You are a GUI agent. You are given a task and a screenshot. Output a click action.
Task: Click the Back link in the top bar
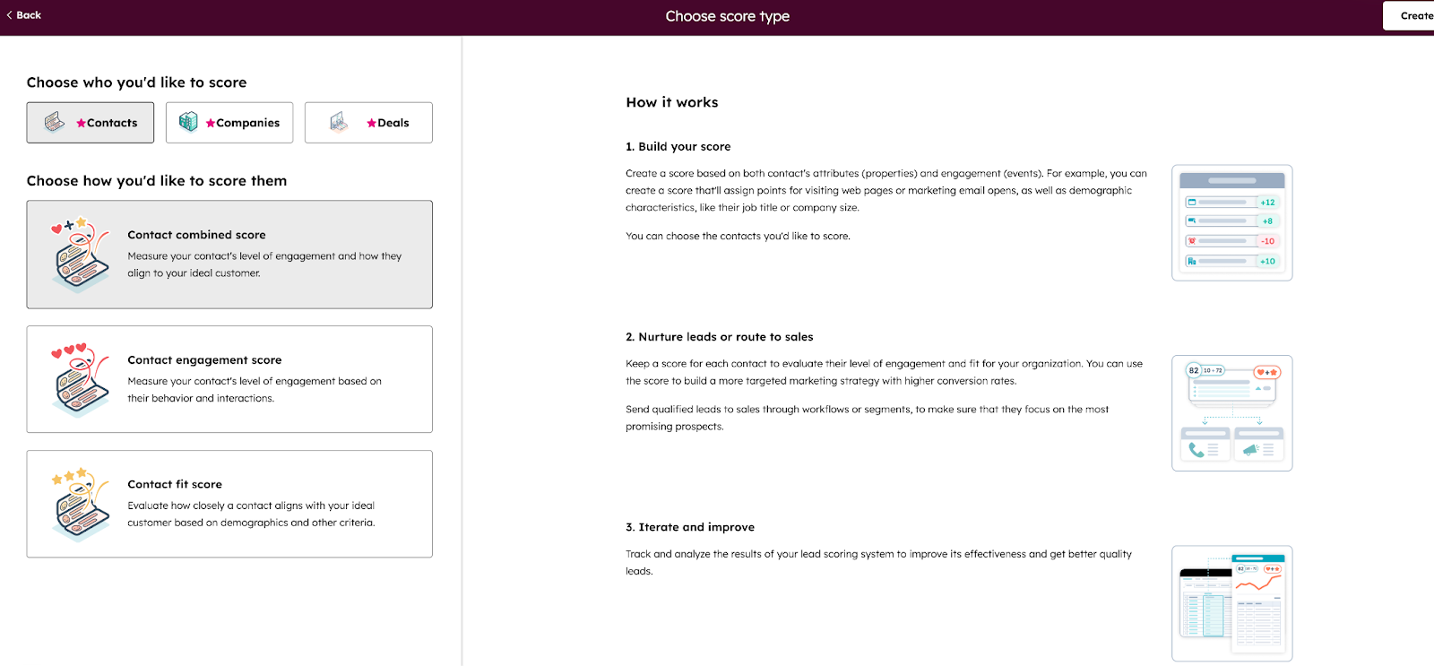coord(24,15)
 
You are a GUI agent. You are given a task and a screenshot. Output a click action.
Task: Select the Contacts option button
coord(90,123)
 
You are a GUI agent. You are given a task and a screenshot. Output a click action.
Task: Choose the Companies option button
coord(229,123)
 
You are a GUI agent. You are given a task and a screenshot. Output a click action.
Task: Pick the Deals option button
coord(368,123)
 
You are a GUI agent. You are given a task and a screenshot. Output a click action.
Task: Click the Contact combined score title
coord(196,235)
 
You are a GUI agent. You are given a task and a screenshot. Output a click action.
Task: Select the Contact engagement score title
coord(204,360)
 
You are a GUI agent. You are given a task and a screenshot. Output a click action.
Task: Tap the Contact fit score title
coord(175,484)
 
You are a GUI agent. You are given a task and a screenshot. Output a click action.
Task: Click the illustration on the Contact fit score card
coord(80,505)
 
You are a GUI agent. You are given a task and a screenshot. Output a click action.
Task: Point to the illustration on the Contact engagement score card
coord(80,380)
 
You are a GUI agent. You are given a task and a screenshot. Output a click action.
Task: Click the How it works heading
coord(672,103)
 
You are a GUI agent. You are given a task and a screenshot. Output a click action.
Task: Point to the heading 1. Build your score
coord(678,147)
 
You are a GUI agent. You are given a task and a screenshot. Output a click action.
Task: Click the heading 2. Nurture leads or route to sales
coord(720,337)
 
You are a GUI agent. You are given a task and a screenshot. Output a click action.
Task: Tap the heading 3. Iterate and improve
coord(690,527)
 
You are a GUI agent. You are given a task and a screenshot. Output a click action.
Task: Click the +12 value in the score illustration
coord(1267,203)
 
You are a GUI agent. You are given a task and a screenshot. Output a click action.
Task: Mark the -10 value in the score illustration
coord(1267,241)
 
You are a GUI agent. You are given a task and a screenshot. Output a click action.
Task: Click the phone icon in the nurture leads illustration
coord(1196,450)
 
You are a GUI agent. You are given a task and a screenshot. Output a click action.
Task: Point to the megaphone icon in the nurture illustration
coord(1251,450)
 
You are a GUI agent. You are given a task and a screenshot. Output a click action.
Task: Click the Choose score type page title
coord(727,16)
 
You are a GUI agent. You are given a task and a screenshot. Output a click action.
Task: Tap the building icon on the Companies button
coord(188,122)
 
